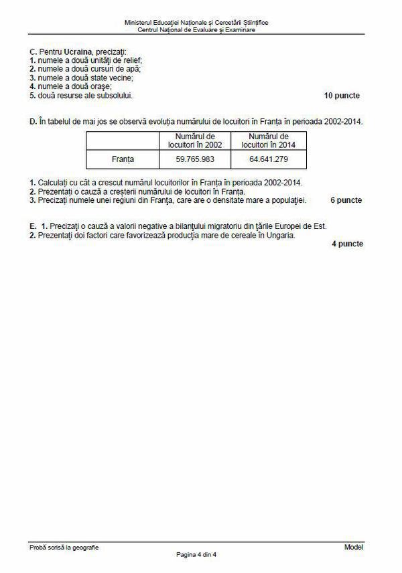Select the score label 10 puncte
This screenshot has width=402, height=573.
tap(342, 96)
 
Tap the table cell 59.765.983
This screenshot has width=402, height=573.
tap(194, 159)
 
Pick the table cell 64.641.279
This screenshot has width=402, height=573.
tap(267, 159)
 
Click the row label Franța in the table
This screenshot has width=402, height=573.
tap(123, 159)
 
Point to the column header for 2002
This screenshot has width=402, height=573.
tap(194, 140)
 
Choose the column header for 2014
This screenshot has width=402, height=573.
tap(267, 140)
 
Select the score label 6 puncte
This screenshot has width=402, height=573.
tap(346, 200)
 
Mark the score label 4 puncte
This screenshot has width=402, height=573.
tap(347, 244)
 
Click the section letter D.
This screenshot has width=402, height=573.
tap(33, 121)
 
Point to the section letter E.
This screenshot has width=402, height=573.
tap(33, 226)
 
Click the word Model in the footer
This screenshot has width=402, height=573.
tap(353, 548)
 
